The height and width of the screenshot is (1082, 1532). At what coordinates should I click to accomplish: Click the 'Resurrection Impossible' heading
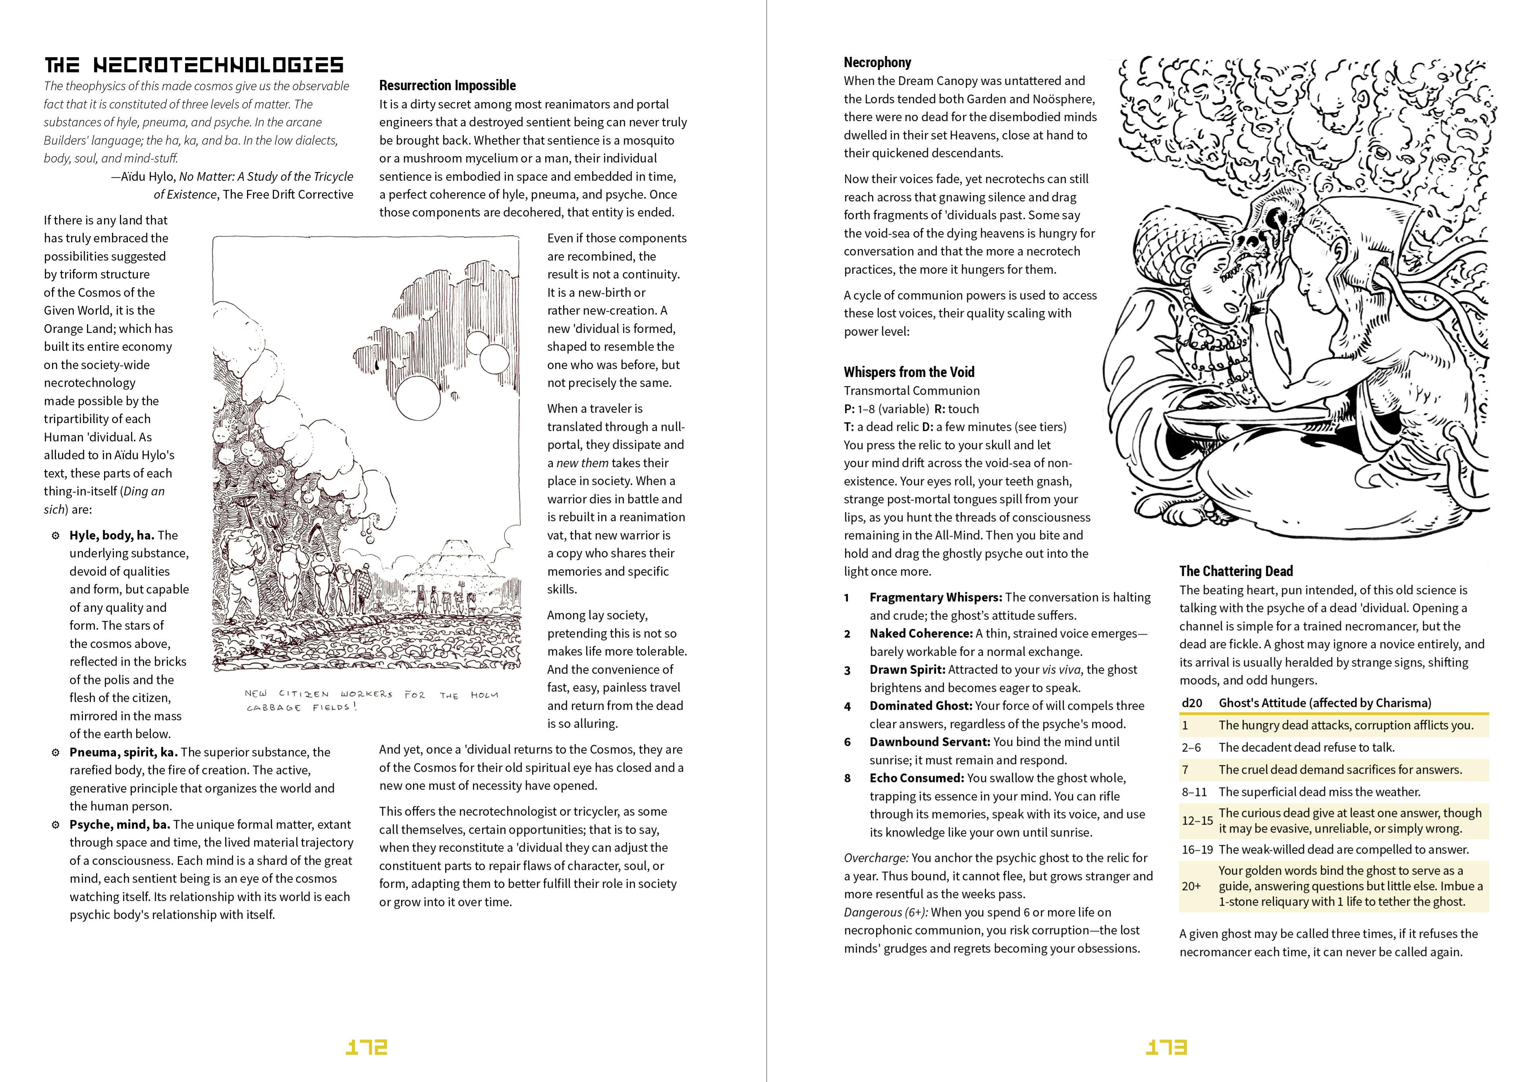pos(447,85)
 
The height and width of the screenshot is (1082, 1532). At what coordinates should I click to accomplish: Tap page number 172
pos(366,1047)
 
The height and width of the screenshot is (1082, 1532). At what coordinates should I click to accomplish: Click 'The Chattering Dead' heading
pos(1236,571)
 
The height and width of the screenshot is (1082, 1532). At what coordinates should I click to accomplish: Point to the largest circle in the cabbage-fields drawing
pos(419,399)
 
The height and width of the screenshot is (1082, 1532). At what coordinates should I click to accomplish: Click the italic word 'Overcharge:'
pos(876,858)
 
